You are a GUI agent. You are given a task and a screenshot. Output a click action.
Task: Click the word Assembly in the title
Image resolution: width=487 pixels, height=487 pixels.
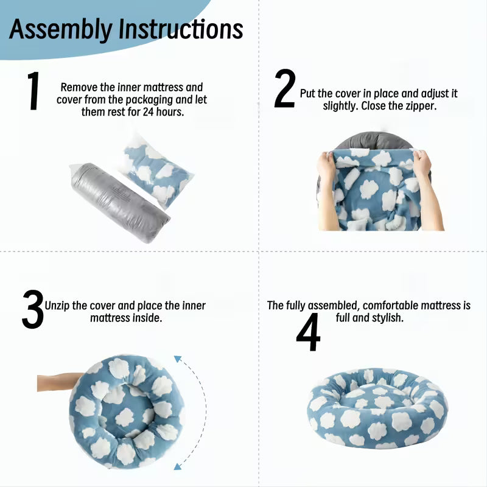(60, 29)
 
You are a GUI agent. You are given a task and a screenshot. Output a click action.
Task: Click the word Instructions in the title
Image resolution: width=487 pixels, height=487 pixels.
(181, 29)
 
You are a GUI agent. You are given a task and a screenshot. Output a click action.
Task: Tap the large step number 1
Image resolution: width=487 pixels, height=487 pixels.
(33, 90)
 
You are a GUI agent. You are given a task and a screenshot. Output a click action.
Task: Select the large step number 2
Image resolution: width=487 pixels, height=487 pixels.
(284, 88)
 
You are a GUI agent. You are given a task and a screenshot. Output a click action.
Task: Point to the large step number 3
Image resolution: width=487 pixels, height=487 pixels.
(33, 309)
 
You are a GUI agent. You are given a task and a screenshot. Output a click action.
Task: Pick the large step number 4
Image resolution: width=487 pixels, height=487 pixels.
(308, 332)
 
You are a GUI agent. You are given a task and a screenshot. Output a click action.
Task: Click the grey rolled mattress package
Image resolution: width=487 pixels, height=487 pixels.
(119, 203)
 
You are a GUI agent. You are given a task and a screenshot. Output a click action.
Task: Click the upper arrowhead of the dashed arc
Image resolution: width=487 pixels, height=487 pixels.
(178, 359)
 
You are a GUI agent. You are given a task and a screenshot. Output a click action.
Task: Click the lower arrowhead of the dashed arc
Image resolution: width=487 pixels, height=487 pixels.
(177, 466)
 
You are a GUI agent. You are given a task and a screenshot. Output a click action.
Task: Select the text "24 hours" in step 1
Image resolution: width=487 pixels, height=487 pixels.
(163, 112)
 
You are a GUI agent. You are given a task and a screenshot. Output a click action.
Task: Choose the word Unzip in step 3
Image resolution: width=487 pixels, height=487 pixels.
(57, 306)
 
